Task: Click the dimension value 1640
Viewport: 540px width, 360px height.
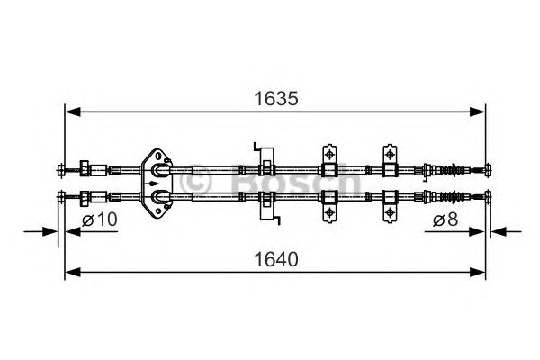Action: tap(274, 259)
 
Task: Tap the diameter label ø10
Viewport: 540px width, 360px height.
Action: tap(99, 220)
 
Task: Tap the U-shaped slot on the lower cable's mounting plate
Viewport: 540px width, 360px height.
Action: tap(159, 195)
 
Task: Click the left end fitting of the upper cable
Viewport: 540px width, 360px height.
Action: tap(61, 168)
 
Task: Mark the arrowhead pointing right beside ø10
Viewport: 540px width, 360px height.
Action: tap(56, 232)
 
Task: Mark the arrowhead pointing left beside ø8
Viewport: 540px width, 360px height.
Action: tap(493, 232)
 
